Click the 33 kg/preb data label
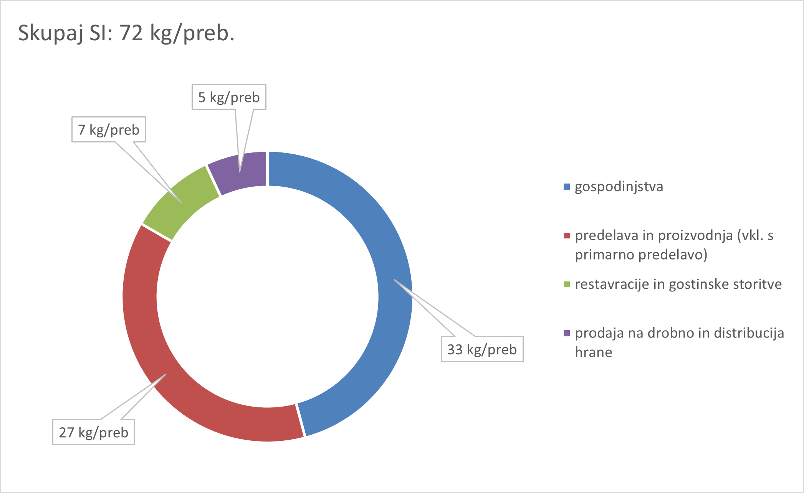(x=482, y=349)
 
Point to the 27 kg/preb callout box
(x=93, y=432)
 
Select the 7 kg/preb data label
(x=109, y=130)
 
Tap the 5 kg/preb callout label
(x=229, y=97)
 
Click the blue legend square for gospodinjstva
(x=566, y=187)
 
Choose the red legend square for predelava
(x=566, y=236)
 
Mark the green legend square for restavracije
(x=566, y=285)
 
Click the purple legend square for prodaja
(x=566, y=333)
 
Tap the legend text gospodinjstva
(x=619, y=187)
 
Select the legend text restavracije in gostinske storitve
(x=678, y=285)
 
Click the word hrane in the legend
(x=593, y=352)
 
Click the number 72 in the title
(x=131, y=33)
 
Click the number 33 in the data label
(x=455, y=349)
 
